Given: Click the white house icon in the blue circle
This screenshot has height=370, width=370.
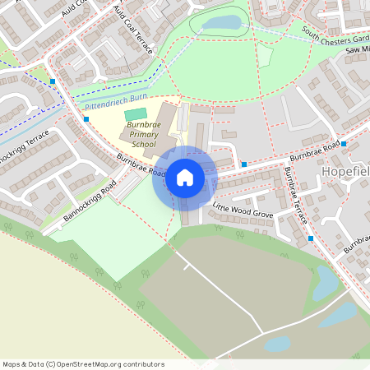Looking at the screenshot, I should coord(185,177).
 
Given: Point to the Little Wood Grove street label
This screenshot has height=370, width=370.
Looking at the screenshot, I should coord(243,213).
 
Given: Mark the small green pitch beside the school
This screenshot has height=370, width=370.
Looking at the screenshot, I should coord(136,113).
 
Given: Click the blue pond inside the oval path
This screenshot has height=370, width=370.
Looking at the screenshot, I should coord(220,23).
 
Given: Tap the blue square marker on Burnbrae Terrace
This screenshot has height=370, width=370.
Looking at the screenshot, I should coord(310,238).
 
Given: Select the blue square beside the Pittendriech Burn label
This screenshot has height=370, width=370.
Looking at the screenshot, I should coord(86,119).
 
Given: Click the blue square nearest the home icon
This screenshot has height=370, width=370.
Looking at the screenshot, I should coord(244,164).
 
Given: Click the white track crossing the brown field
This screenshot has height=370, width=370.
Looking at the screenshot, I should coord(222,292).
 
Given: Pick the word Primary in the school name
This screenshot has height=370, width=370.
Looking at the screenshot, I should coord(137,134).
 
